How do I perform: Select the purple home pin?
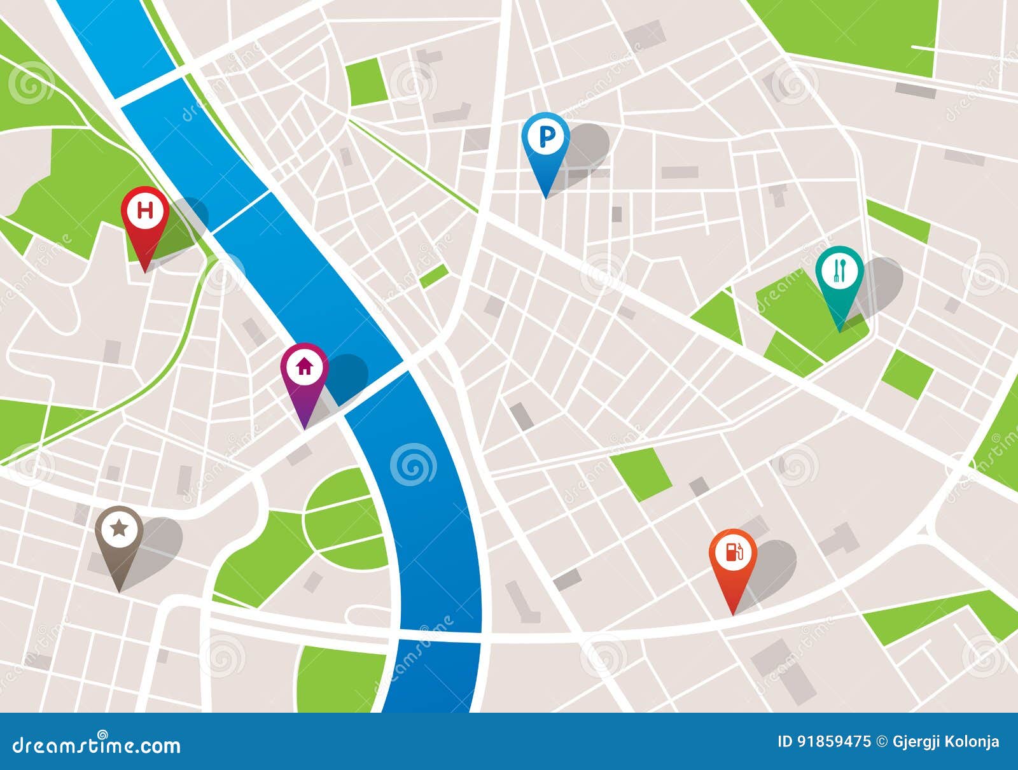[304, 372]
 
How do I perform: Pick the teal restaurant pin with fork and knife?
[839, 275]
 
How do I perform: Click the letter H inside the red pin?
[146, 210]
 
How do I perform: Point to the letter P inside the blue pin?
[545, 136]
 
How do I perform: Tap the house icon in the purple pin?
[304, 366]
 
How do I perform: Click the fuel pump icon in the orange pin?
[733, 551]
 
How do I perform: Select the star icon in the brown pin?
[118, 528]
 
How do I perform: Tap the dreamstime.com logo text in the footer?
[96, 745]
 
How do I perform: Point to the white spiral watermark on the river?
[413, 465]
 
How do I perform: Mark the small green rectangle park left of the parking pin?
[367, 81]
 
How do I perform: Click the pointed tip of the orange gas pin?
[733, 614]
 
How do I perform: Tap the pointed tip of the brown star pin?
[119, 591]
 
